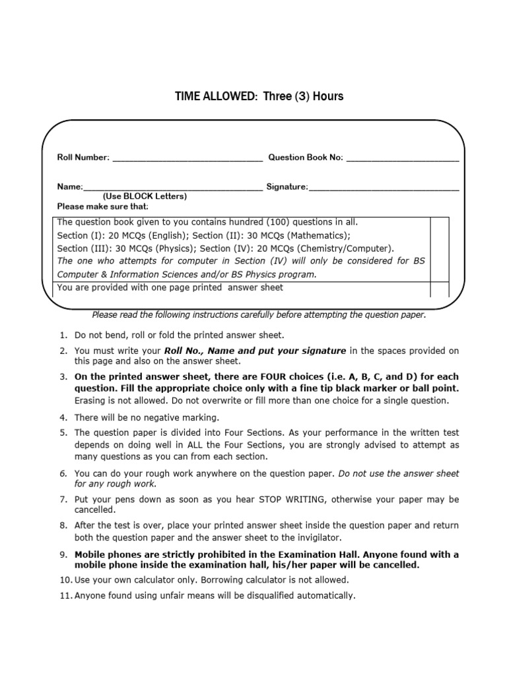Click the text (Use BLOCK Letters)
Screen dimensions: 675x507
pos(145,196)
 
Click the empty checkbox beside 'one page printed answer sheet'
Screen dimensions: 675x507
pos(439,289)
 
